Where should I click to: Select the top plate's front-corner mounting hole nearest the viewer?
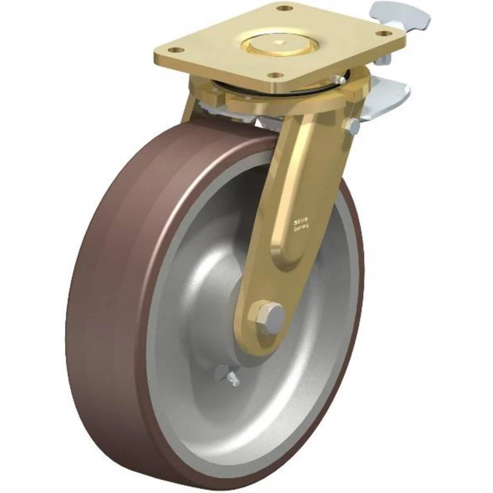(277, 75)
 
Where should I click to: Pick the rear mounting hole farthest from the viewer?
(283, 8)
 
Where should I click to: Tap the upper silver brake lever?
(400, 13)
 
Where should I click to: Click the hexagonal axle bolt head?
(268, 314)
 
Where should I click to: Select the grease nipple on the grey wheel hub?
(233, 379)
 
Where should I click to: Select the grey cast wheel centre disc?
(207, 276)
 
